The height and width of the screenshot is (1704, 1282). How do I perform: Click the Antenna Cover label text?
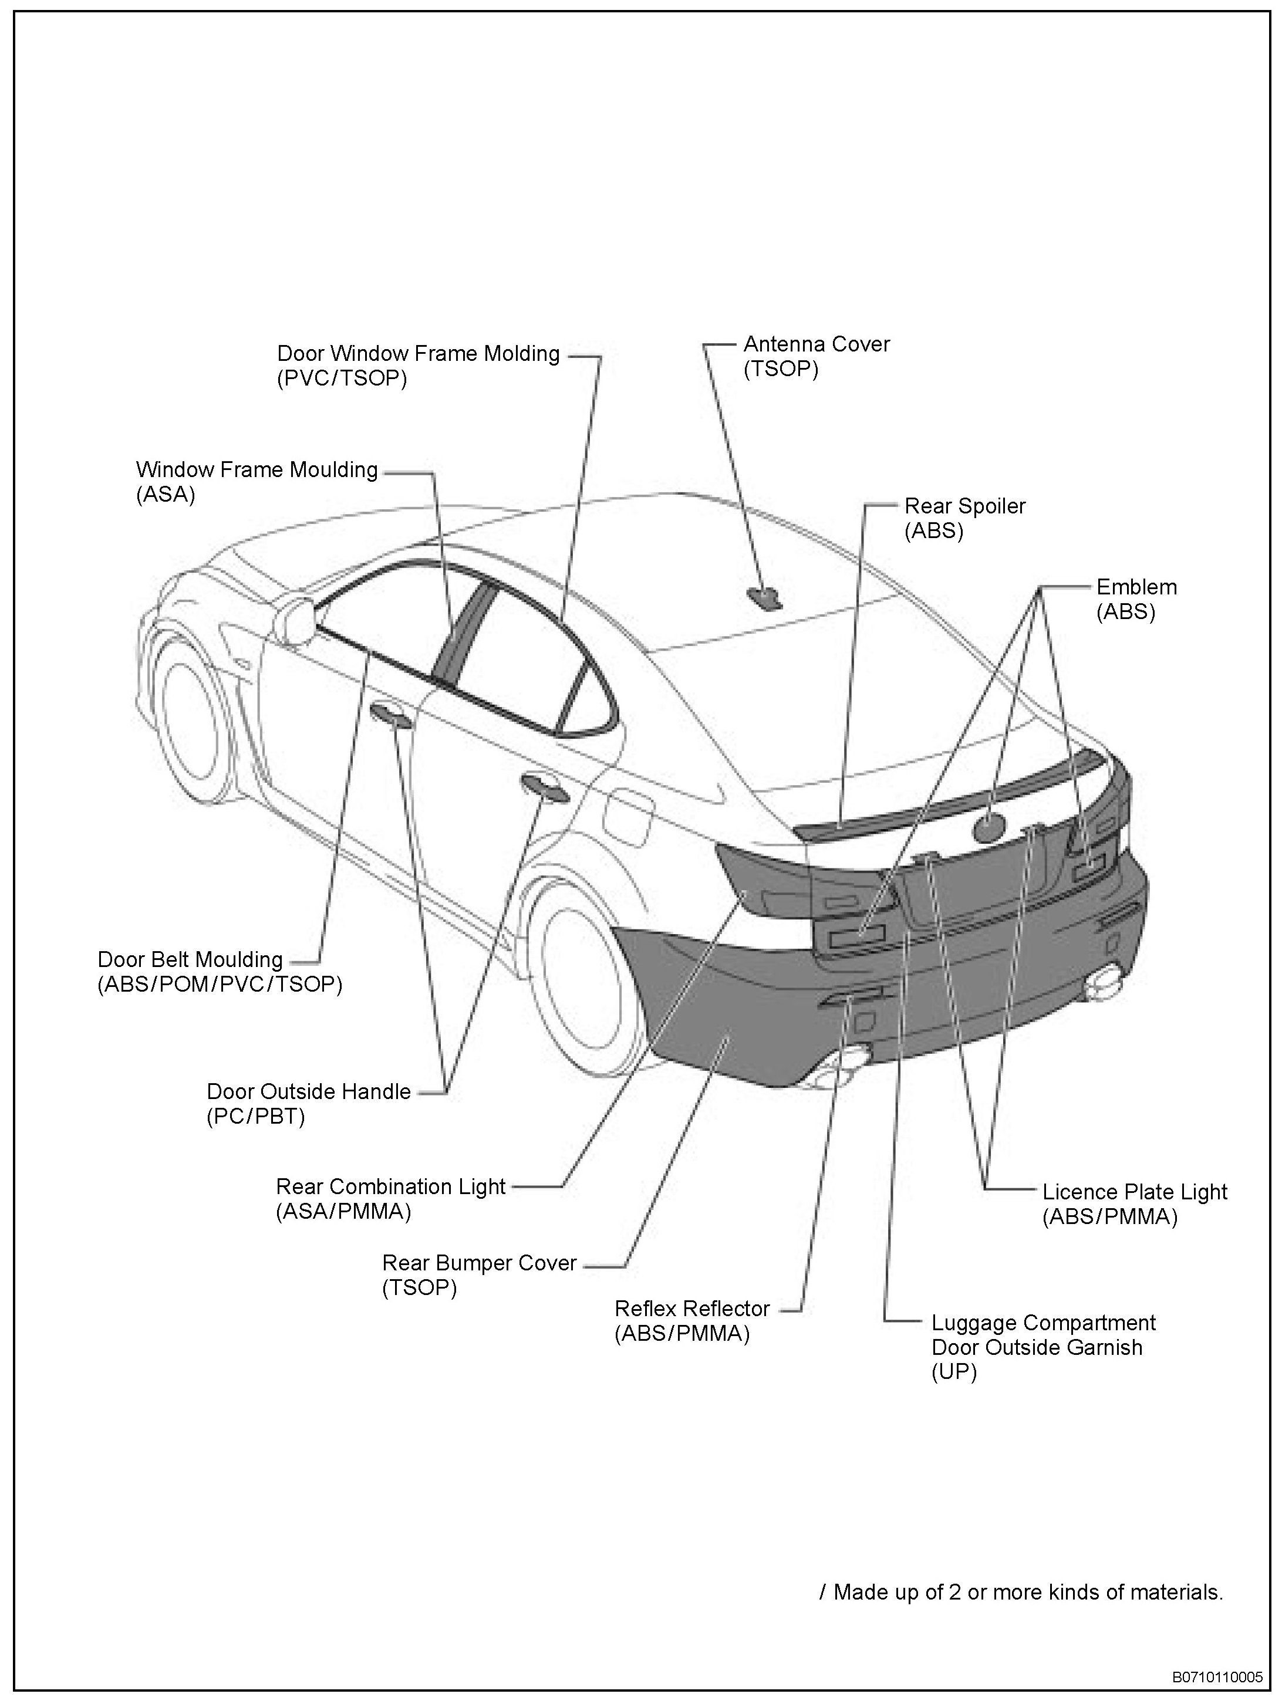(816, 344)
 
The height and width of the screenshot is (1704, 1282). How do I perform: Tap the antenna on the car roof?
(764, 596)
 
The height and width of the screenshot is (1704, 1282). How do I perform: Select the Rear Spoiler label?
(964, 506)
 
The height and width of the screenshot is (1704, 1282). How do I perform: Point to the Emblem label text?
(1136, 587)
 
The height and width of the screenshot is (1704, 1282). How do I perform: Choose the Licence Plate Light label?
(1134, 1192)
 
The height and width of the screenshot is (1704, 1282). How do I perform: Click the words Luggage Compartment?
(1043, 1323)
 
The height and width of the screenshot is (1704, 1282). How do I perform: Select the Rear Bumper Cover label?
(479, 1263)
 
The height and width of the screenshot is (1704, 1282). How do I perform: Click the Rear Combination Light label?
(390, 1186)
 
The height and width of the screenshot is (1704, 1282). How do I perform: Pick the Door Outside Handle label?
(308, 1091)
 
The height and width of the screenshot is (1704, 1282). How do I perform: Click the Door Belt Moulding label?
(190, 960)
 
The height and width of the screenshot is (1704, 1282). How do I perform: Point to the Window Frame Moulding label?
(257, 470)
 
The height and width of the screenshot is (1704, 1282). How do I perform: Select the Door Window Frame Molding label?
(419, 354)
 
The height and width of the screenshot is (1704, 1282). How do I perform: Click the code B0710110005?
(1217, 1676)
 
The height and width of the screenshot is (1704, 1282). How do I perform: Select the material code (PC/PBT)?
(256, 1116)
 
